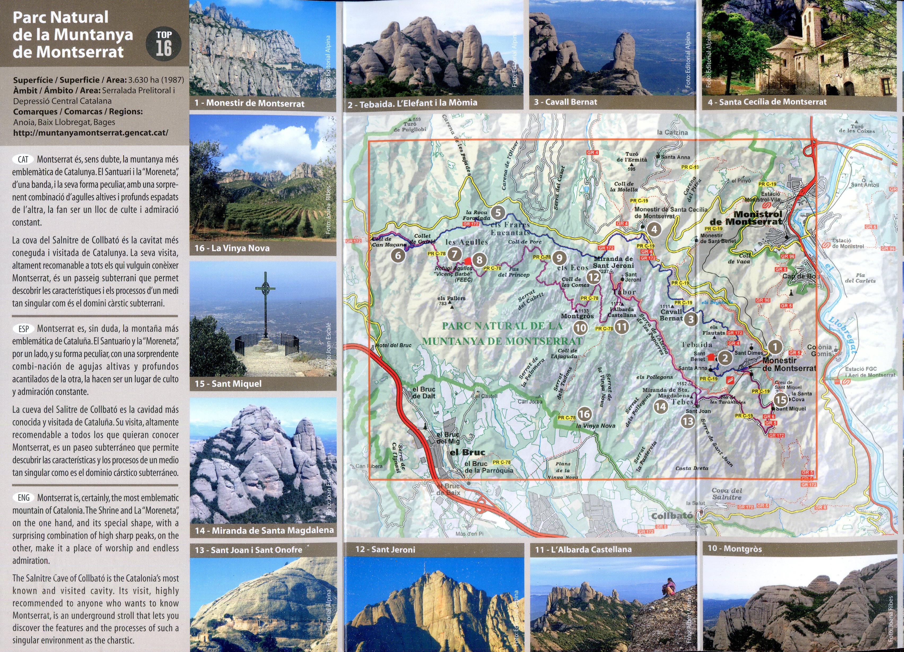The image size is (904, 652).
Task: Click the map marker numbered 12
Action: click(593, 277)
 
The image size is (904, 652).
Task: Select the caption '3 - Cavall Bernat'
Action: click(565, 102)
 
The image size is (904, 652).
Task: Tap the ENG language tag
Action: click(24, 498)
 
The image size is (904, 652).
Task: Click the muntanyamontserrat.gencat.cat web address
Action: click(91, 133)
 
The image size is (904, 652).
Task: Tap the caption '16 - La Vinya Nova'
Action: click(232, 248)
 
